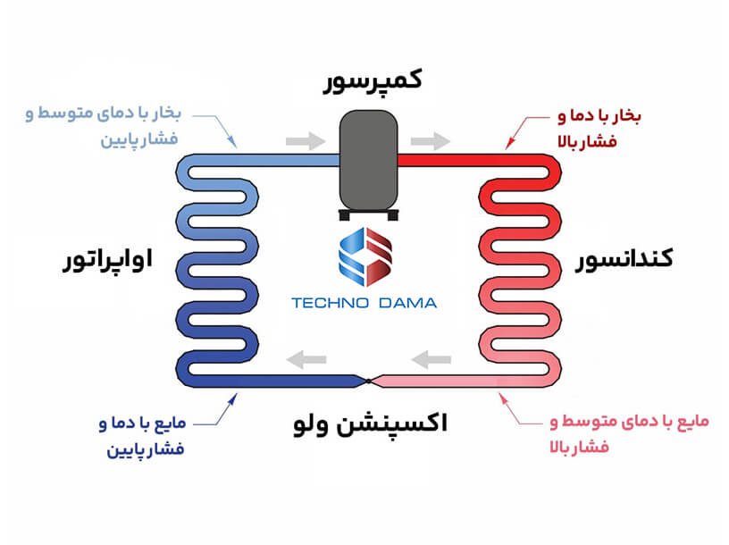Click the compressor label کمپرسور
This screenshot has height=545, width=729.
(373, 81)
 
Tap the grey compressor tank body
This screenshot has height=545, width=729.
(368, 161)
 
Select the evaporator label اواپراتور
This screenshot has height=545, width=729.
(108, 259)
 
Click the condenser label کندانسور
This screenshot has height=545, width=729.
(624, 259)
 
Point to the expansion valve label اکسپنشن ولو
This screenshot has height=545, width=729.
(370, 423)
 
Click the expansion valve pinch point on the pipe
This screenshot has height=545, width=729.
(368, 381)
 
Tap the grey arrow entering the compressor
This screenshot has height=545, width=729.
(306, 141)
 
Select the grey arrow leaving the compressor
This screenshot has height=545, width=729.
(430, 141)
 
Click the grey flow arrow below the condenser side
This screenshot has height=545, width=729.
(431, 359)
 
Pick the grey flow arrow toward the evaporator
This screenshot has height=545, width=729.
(306, 359)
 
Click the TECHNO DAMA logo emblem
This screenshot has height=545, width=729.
(365, 256)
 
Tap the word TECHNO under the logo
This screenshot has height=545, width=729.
(330, 303)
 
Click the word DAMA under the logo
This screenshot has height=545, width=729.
(407, 303)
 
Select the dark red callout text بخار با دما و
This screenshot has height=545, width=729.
(599, 115)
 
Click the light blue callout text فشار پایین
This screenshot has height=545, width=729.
(139, 139)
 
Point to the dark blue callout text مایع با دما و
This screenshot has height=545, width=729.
(142, 423)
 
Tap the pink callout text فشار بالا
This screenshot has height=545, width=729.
(579, 448)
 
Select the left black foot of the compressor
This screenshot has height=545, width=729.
(345, 214)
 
